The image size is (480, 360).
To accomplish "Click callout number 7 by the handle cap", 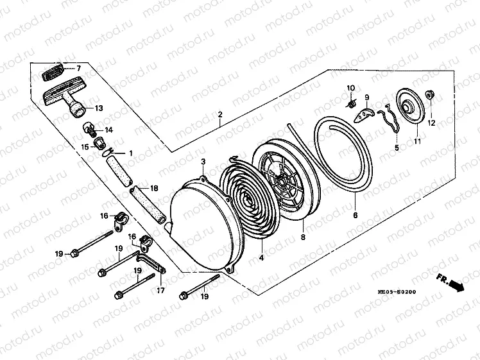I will point(78,68).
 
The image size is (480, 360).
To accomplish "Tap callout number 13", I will point(99,108).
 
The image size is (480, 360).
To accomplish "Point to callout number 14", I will point(108,130).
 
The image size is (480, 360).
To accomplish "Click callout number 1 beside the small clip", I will point(131,153).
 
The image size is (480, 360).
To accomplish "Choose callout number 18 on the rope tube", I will point(153,189).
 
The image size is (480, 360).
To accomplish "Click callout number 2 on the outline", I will point(220,115).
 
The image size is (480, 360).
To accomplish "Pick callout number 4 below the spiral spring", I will point(262,258).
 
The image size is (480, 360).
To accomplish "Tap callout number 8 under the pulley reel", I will point(303,237).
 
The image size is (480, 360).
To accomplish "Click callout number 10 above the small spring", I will point(351,88).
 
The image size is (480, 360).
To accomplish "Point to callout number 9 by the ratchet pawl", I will point(367,98).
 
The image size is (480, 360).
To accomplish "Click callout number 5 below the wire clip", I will point(396,148).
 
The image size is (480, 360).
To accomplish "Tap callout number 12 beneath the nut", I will point(431,123).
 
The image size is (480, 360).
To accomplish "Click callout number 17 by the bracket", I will point(160,291).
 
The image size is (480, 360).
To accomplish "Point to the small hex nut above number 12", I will point(431,96).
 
